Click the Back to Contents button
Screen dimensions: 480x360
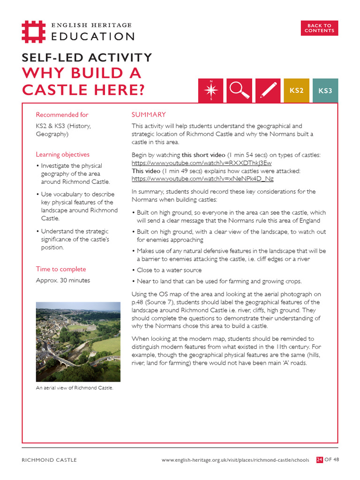319,28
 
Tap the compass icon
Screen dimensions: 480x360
211,90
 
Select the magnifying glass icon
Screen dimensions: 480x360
240,90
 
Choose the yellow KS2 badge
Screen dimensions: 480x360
296,90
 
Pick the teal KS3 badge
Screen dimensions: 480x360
325,90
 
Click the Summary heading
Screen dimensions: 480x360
149,115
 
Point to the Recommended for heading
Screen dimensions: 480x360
62,115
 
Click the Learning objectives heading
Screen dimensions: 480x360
62,155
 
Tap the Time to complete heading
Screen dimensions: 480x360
61,269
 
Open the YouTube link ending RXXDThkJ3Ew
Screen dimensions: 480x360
202,163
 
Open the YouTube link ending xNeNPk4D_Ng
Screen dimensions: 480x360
202,179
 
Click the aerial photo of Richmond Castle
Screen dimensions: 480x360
78,342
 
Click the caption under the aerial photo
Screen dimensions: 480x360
75,388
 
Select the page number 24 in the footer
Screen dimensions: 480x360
320,460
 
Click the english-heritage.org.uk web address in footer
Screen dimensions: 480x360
235,460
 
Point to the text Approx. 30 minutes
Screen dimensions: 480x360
63,281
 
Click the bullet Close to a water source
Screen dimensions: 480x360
169,270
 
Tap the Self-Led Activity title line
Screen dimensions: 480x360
87,58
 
